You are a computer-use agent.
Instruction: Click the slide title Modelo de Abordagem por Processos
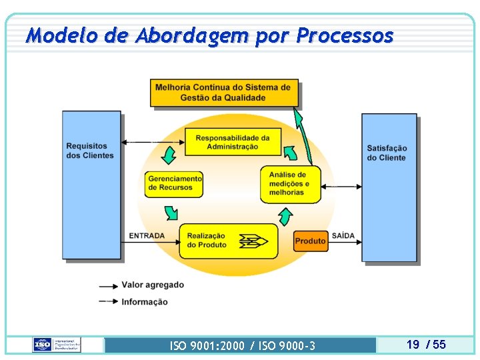[x=210, y=35]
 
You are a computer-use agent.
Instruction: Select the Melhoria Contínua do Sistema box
[x=224, y=93]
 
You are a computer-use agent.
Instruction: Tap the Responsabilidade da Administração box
[x=233, y=142]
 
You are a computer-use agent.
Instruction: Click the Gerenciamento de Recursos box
[x=174, y=183]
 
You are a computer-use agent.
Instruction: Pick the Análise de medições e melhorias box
[x=290, y=183]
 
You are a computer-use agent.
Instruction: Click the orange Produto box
[x=311, y=241]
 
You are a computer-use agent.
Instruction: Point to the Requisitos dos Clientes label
[x=91, y=151]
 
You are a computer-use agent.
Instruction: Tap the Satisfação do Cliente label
[x=387, y=153]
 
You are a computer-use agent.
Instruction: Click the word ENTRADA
[x=147, y=236]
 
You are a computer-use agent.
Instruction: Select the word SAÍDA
[x=343, y=236]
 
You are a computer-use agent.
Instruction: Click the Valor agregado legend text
[x=153, y=285]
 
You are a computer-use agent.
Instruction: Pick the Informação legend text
[x=145, y=302]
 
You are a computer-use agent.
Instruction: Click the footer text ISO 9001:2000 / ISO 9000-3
[x=243, y=345]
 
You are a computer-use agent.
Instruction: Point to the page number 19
[x=413, y=345]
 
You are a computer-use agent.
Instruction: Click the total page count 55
[x=439, y=345]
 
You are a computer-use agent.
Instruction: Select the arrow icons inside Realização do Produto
[x=254, y=241]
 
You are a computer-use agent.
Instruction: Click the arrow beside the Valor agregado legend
[x=108, y=286]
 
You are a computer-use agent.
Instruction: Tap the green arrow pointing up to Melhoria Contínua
[x=303, y=137]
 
